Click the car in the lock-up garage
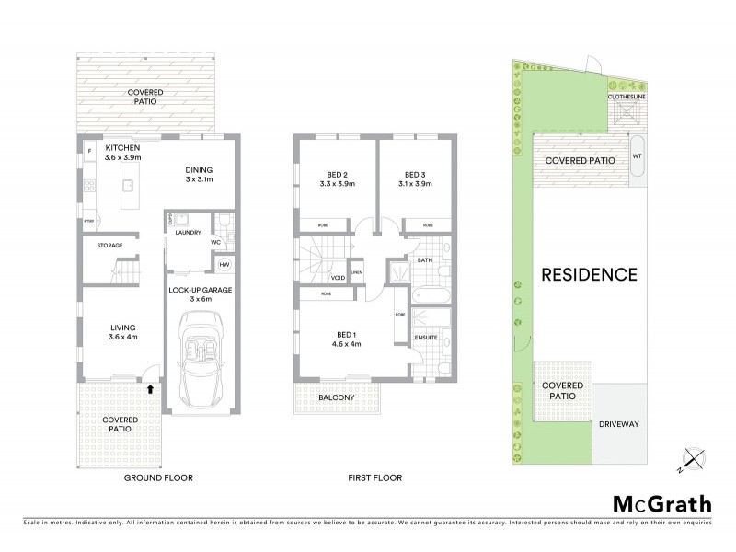(201, 358)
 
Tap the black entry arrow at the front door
(147, 389)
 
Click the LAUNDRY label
(189, 234)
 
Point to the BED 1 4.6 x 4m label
(345, 339)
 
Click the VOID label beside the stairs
(338, 277)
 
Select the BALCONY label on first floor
(338, 397)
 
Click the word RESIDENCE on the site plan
(589, 274)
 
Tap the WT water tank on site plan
(636, 156)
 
